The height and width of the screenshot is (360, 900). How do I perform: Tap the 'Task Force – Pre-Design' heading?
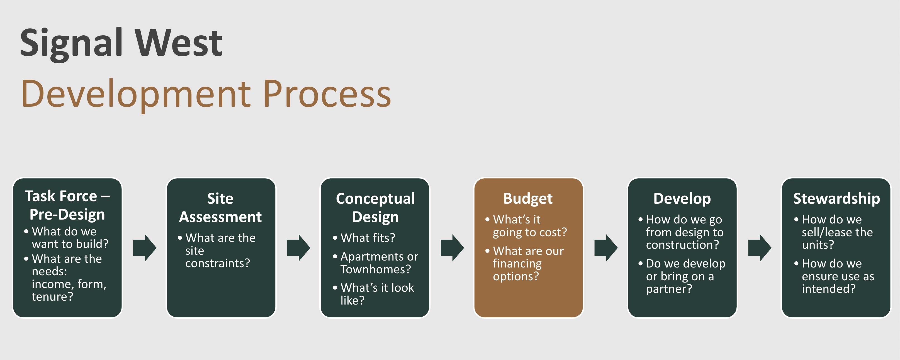(x=67, y=205)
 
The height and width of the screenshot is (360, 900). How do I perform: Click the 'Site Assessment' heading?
(x=220, y=208)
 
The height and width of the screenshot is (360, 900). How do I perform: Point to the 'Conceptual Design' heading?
(x=375, y=208)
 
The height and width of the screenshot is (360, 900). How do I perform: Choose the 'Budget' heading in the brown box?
(x=528, y=198)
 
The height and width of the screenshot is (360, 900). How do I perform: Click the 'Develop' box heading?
(x=682, y=198)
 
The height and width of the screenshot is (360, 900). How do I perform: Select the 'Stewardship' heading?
(x=836, y=198)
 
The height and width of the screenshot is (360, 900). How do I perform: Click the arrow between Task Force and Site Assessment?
(x=145, y=248)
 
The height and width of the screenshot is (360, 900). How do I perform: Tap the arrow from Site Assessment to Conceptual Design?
(x=298, y=248)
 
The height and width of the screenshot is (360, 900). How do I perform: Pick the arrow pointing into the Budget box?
(x=452, y=248)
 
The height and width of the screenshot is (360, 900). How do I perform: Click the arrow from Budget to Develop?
(x=606, y=248)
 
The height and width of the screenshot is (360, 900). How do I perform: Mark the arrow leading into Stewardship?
(x=760, y=248)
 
